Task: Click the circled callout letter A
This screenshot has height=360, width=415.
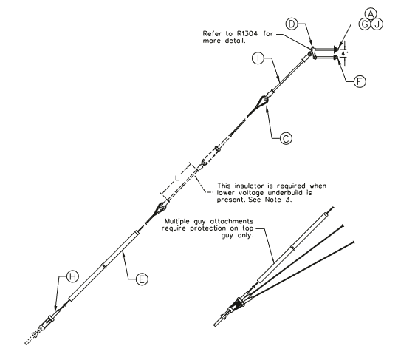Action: point(371,14)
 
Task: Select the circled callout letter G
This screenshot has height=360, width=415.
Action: point(365,24)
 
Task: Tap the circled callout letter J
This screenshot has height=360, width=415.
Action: point(377,24)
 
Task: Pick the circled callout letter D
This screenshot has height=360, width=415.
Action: point(292,24)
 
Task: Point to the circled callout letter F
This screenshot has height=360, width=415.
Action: point(360,81)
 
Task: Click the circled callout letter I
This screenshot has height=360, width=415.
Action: point(258,58)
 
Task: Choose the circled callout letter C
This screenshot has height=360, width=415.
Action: point(286,138)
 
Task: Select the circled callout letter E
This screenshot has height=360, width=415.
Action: point(142,279)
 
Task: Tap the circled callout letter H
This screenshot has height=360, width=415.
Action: point(72,276)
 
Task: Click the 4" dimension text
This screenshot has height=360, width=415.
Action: point(344,53)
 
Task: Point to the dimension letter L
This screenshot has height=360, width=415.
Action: point(177,177)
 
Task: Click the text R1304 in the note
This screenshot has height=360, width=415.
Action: point(247,34)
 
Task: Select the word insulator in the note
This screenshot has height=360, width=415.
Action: point(250,186)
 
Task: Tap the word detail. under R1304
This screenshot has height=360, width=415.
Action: point(236,41)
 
